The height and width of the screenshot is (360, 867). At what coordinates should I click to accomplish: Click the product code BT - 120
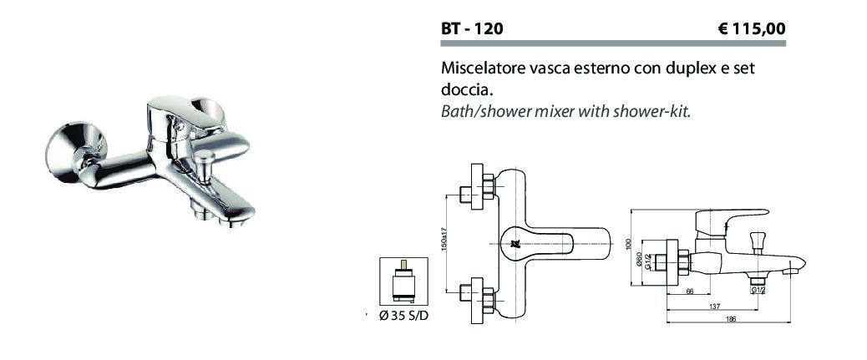click(x=472, y=28)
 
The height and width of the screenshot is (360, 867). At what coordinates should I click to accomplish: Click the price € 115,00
click(x=752, y=28)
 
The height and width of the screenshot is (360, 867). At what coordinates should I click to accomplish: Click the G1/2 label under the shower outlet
click(x=758, y=291)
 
